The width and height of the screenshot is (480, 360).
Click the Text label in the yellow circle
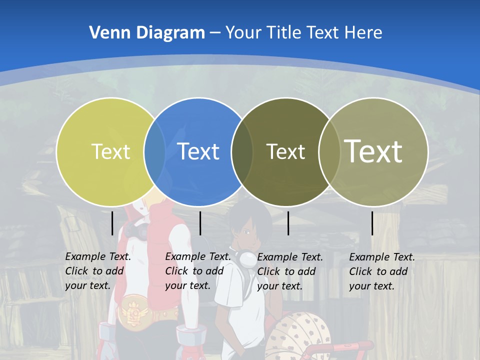tap(110, 151)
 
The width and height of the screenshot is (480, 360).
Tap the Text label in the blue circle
tap(198, 151)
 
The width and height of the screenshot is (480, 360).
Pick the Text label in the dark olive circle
tap(285, 151)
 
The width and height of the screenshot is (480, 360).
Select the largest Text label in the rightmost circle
tap(373, 151)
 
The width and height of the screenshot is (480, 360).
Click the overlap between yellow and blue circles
tap(154, 151)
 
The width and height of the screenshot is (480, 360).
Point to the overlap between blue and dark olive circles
tap(242, 151)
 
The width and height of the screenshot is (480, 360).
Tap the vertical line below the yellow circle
tap(112, 223)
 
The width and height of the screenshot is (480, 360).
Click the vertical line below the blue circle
tap(200, 223)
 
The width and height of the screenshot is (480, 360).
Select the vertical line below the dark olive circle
tap(288, 223)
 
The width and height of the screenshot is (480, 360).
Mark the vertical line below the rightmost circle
tap(372, 223)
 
